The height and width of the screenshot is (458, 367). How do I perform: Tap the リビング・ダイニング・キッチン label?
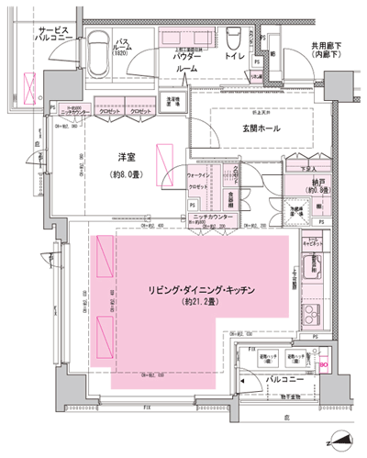[x=200, y=290]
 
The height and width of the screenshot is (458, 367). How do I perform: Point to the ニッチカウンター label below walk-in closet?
[x=217, y=218]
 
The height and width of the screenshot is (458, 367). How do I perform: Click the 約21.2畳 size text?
[x=200, y=303]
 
